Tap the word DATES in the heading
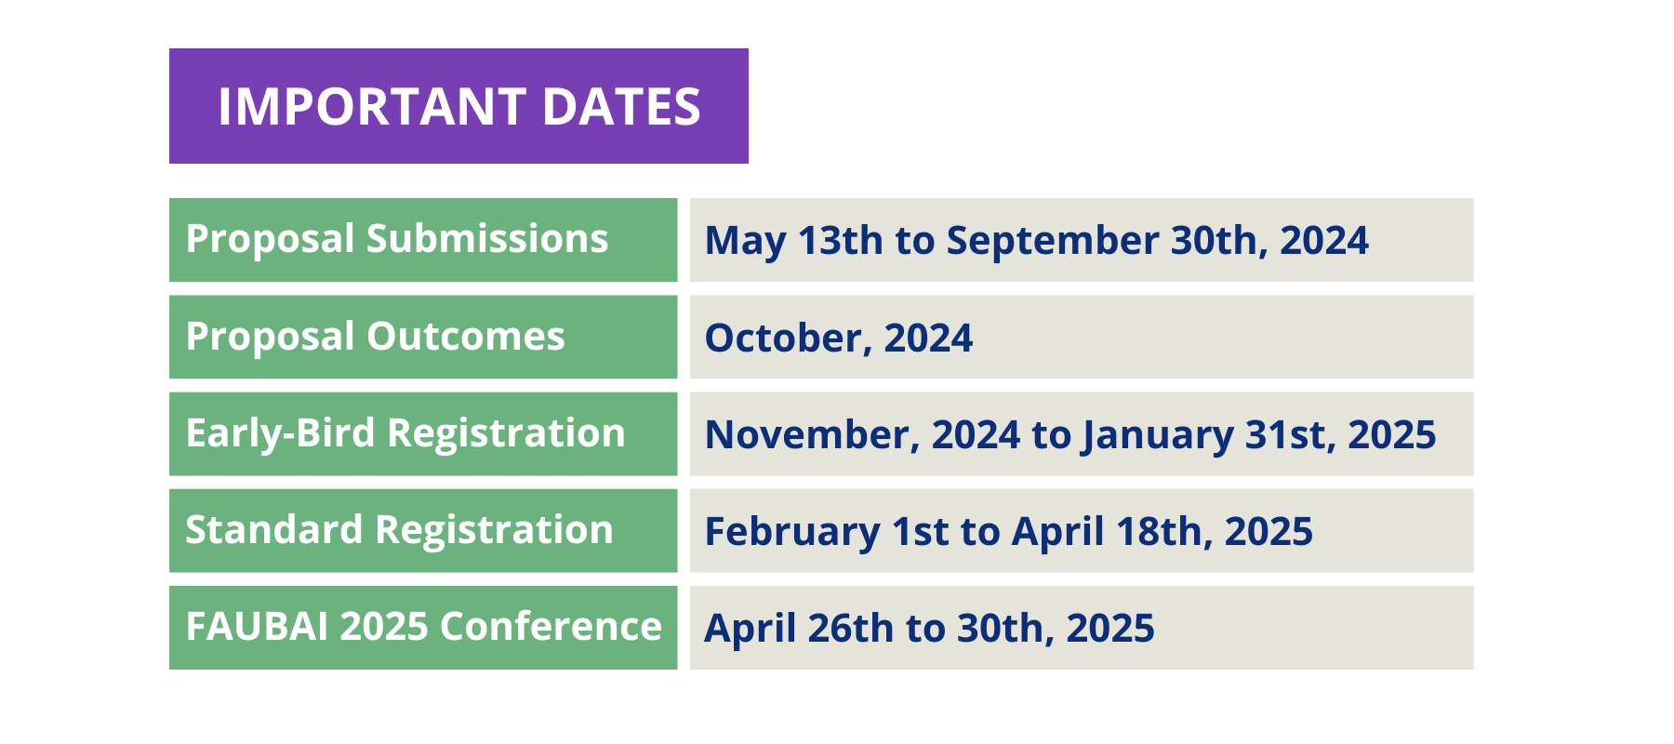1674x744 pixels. (621, 106)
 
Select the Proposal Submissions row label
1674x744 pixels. (397, 240)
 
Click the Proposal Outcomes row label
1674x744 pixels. (376, 337)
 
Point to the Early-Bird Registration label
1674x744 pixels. (405, 434)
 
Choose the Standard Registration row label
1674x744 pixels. (400, 530)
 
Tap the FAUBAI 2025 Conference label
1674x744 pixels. (424, 627)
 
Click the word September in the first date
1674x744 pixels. (1053, 242)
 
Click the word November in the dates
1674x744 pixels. (813, 435)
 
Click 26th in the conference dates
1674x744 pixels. (851, 629)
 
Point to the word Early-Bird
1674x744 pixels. (281, 434)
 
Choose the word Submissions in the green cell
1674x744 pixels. (487, 239)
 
